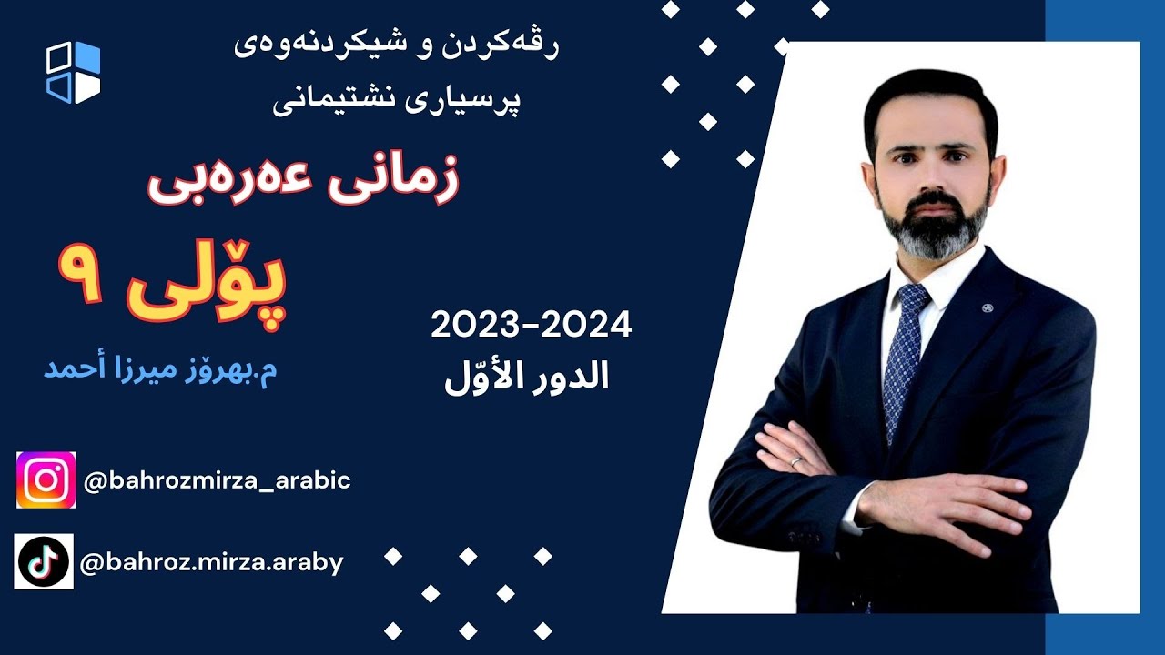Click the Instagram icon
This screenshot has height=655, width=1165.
[x=46, y=479]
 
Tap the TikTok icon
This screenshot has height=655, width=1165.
[x=44, y=561]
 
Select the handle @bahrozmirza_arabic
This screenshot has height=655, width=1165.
[x=217, y=480]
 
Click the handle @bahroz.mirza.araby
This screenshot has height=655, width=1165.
[x=212, y=563]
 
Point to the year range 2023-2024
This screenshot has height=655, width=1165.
[x=532, y=325]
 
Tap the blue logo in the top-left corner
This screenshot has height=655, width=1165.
[x=74, y=73]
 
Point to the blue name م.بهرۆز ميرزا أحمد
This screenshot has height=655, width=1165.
[x=160, y=369]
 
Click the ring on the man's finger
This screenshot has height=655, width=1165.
[x=795, y=461]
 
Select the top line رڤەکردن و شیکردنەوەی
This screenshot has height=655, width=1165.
[x=396, y=46]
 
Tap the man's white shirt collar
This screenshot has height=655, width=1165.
[x=947, y=277]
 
